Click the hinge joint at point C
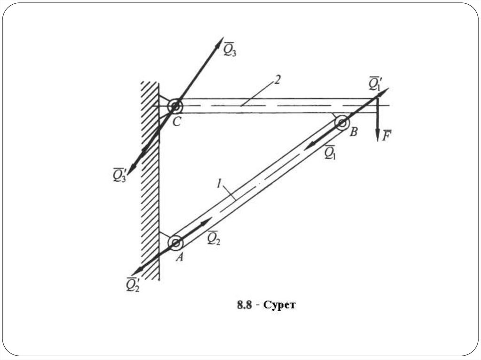click(175, 106)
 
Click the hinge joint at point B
click(341, 123)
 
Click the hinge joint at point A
click(176, 243)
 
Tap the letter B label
click(353, 132)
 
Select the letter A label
click(179, 257)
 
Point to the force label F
click(387, 136)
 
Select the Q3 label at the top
click(230, 49)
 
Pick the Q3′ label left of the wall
click(120, 175)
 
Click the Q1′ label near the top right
click(374, 83)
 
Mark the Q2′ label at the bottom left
click(133, 284)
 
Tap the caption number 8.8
click(245, 306)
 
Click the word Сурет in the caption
click(280, 306)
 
